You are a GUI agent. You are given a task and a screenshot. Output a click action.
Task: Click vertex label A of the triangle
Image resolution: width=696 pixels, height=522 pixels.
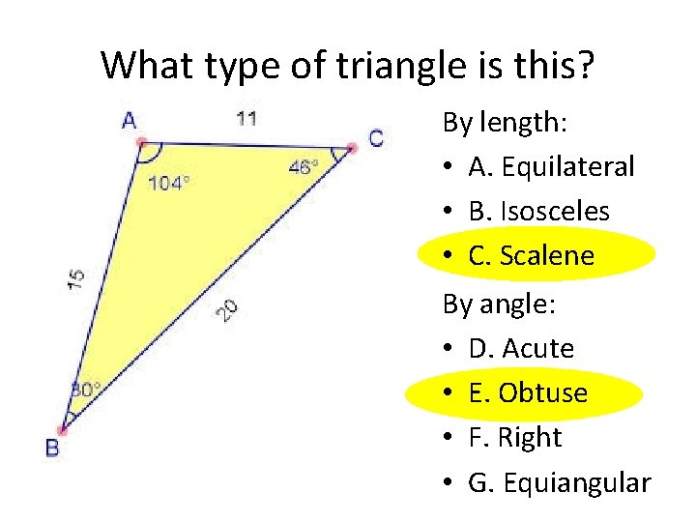[130, 122]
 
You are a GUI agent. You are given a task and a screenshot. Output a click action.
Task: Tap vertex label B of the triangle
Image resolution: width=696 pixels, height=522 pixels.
[52, 448]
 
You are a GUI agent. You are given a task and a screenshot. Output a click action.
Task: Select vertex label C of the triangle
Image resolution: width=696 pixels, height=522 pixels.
[376, 138]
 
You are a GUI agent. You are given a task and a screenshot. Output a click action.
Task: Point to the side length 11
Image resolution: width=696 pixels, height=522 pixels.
[246, 119]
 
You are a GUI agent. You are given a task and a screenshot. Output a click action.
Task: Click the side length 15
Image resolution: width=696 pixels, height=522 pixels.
[76, 278]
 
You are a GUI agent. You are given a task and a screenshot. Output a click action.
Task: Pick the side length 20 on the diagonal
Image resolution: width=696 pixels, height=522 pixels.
[226, 309]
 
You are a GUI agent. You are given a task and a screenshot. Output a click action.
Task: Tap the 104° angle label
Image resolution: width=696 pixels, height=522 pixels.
[168, 183]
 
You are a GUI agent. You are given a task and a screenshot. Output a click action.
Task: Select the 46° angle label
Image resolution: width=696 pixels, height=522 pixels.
[303, 166]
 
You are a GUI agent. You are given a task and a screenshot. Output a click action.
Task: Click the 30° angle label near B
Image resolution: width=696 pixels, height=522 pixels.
[85, 390]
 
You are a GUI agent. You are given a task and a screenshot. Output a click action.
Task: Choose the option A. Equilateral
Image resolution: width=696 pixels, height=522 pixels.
[551, 167]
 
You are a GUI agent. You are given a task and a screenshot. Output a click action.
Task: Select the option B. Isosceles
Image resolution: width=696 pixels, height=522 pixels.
[538, 212]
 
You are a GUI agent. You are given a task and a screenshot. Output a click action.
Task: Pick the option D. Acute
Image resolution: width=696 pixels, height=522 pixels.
[521, 348]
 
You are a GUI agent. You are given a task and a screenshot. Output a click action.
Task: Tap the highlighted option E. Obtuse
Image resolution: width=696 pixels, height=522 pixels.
[528, 392]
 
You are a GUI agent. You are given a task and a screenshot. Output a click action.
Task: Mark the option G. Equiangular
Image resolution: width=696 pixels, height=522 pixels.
[559, 481]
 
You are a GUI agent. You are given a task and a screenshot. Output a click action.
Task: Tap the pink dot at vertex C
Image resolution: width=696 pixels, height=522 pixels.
[352, 147]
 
